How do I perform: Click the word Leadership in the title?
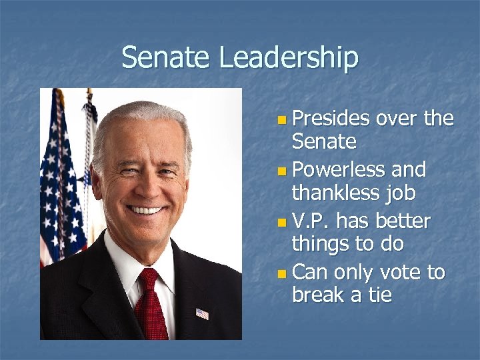289,59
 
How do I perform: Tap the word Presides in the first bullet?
331,119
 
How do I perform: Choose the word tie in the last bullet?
379,295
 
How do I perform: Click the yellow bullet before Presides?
283,121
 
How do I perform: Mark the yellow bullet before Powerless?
283,171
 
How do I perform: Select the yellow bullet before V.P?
283,222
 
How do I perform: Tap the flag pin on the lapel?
202,313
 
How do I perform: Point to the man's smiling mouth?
146,210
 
